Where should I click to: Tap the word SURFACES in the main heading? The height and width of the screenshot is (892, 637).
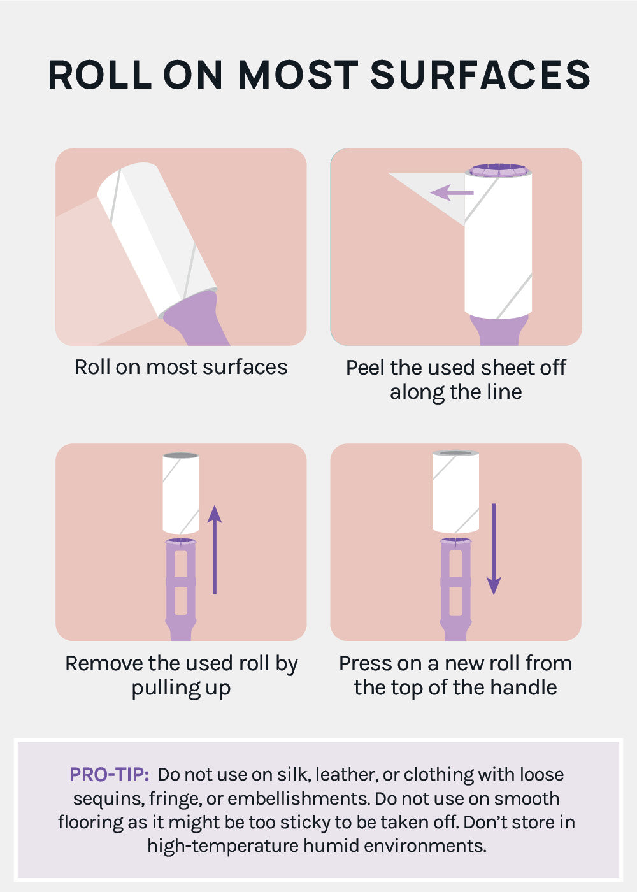pyautogui.click(x=480, y=75)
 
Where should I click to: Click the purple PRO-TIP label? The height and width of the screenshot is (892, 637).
pyautogui.click(x=110, y=775)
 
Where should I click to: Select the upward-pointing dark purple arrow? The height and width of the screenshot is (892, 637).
pyautogui.click(x=215, y=550)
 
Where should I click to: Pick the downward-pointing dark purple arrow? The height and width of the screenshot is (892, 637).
pyautogui.click(x=494, y=549)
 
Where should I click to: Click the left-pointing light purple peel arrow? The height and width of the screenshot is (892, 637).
pyautogui.click(x=452, y=192)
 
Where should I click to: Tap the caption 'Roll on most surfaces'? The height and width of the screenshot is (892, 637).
pyautogui.click(x=181, y=367)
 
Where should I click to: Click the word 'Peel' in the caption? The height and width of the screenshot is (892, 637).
pyautogui.click(x=365, y=367)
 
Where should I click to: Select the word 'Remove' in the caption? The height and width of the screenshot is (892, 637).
pyautogui.click(x=104, y=663)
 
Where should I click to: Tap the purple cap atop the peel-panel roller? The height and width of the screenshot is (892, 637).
pyautogui.click(x=498, y=170)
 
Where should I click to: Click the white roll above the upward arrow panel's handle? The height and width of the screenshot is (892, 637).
pyautogui.click(x=181, y=493)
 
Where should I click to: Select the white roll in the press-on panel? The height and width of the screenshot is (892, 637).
pyautogui.click(x=455, y=492)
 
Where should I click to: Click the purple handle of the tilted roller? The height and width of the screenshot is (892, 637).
pyautogui.click(x=195, y=319)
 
